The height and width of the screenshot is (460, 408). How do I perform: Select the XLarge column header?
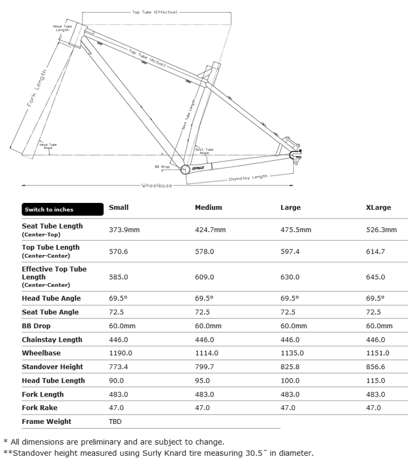(378, 208)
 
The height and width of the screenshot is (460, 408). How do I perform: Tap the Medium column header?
(208, 208)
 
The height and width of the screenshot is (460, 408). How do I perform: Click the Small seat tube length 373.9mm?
(124, 230)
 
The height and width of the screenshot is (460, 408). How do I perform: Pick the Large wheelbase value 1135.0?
(293, 353)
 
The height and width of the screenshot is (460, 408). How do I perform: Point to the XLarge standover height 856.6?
(376, 367)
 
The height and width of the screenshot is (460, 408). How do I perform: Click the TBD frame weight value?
(115, 422)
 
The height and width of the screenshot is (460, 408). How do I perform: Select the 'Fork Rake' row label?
(40, 408)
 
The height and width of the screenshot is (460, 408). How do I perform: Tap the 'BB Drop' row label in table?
(36, 326)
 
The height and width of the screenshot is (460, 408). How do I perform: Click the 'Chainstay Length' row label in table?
(52, 339)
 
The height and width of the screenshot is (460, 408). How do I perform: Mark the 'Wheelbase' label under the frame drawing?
(157, 185)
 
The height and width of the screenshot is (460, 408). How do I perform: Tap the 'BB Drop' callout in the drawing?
(161, 167)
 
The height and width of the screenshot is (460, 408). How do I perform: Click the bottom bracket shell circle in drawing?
(185, 170)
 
